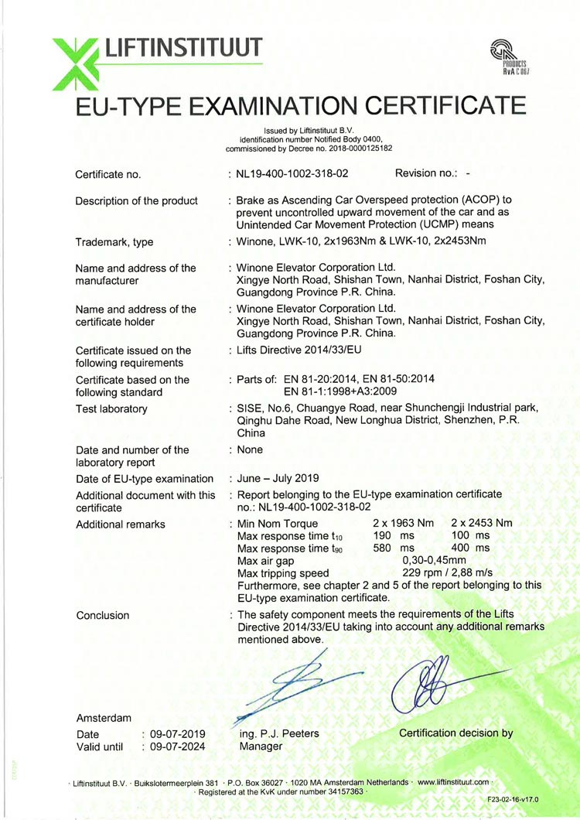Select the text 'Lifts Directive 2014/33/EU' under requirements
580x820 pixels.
click(300, 350)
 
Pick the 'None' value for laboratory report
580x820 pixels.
click(250, 449)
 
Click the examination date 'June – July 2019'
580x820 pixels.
click(278, 478)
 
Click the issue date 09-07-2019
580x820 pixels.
click(178, 733)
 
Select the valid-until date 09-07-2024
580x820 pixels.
click(178, 747)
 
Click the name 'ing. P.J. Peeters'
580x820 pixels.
click(280, 733)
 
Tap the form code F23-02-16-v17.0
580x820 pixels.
click(513, 798)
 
